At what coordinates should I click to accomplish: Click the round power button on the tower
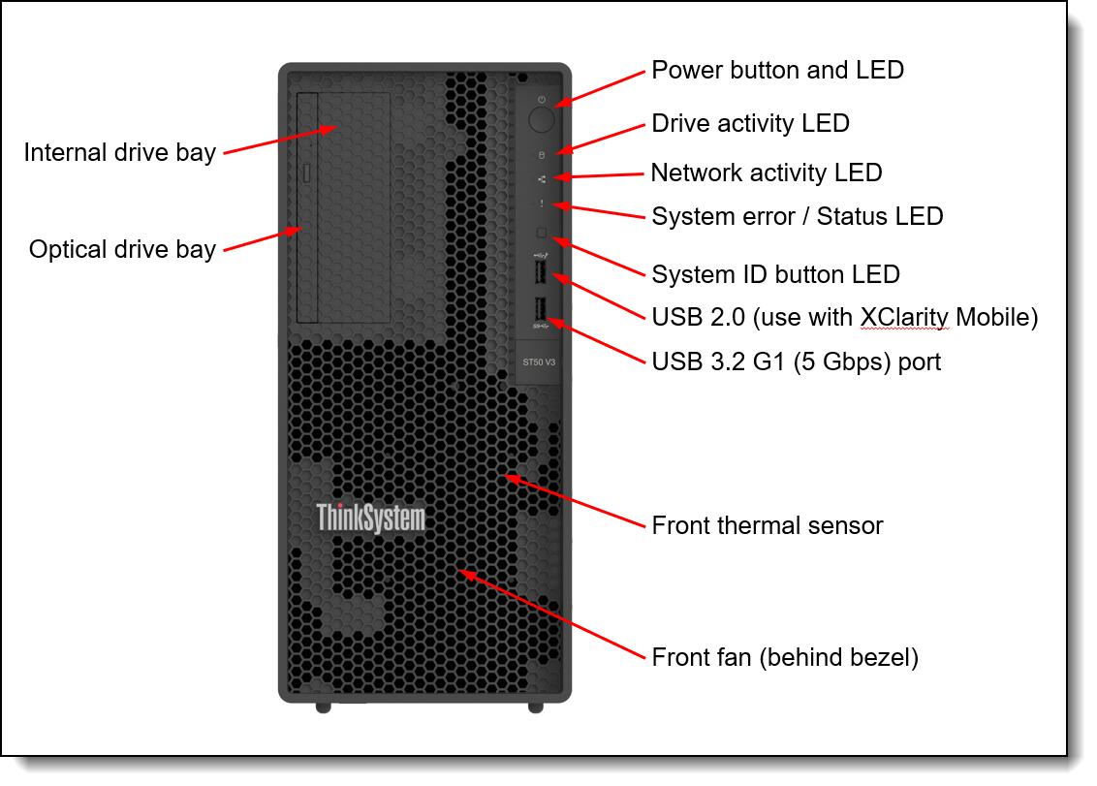542,119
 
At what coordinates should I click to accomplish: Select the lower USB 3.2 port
541,310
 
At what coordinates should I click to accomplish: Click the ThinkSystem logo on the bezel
370,518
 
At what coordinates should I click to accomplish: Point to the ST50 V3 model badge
539,362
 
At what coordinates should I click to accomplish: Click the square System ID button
542,233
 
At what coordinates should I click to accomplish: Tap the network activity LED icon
542,178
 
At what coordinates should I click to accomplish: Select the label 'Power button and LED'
777,70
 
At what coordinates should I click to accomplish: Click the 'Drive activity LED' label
750,123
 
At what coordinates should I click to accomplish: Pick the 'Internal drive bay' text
119,153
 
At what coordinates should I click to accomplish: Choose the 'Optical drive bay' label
122,249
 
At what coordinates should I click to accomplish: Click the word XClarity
902,317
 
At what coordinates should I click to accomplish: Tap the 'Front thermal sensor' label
767,525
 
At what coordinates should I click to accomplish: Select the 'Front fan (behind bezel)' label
785,657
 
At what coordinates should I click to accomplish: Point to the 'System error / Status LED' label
797,215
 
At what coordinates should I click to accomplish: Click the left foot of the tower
323,707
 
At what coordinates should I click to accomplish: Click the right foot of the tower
536,707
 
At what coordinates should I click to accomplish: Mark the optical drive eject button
307,173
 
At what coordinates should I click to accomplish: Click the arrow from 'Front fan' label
552,614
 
